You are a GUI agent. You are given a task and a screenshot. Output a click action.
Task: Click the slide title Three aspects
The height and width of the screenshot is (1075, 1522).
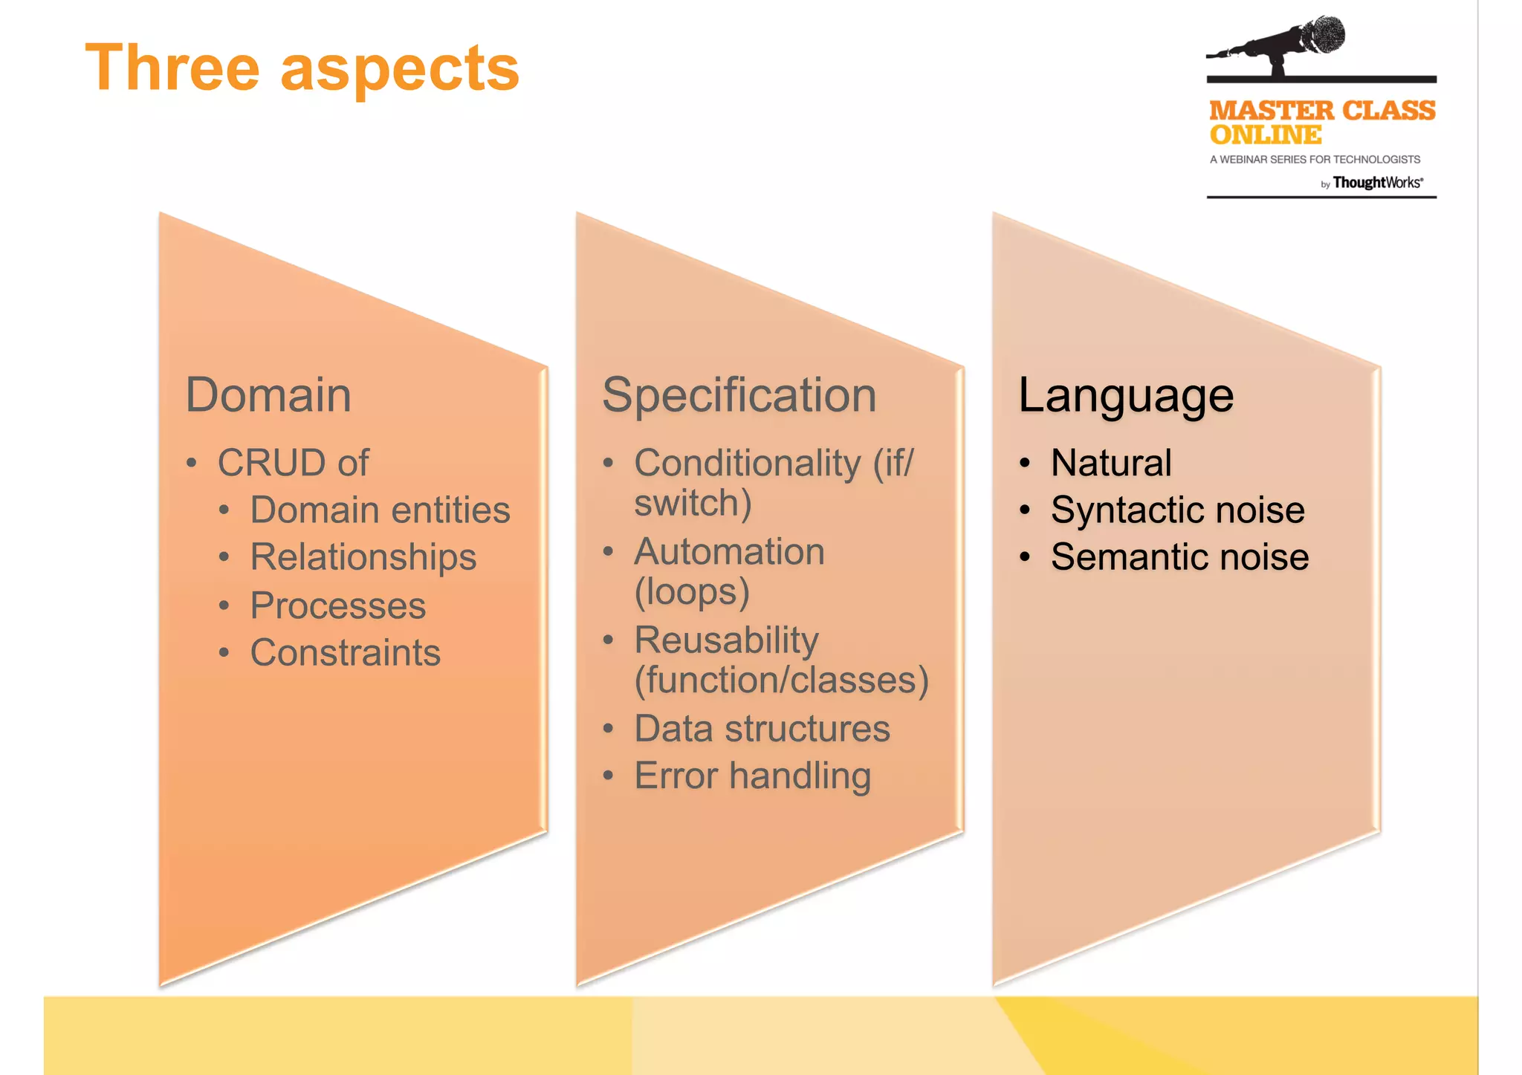[302, 68]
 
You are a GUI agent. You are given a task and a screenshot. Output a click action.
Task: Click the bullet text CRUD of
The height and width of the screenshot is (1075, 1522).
[293, 463]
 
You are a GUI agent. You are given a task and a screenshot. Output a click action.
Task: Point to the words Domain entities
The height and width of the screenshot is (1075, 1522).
[380, 510]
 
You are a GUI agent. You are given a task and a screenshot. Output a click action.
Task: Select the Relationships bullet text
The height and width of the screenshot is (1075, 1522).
[363, 557]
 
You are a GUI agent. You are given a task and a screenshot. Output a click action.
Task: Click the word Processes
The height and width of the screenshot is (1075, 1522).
[337, 605]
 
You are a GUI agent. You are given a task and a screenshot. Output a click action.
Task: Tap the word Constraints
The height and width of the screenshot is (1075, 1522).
[345, 653]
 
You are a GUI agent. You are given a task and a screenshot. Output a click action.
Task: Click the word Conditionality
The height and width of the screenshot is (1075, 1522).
[747, 463]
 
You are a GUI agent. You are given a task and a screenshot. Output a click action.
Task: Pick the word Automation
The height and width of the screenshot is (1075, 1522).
[729, 552]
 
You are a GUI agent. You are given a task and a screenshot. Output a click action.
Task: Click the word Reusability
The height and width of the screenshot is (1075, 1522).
[726, 640]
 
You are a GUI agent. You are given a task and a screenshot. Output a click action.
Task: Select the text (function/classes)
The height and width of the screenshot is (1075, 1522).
[781, 681]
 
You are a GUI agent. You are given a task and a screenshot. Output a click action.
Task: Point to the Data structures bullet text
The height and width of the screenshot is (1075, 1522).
[762, 729]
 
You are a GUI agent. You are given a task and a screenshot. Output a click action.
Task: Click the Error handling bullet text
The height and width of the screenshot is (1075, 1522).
[752, 776]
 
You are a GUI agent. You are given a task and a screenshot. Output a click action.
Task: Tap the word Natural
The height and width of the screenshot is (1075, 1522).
[1111, 463]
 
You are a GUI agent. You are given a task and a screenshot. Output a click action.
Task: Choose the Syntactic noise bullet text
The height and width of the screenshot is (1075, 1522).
[1177, 510]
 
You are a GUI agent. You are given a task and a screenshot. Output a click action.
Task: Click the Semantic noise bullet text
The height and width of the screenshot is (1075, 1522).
[1179, 557]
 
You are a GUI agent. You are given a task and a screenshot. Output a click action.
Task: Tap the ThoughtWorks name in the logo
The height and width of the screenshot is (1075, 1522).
[1377, 183]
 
